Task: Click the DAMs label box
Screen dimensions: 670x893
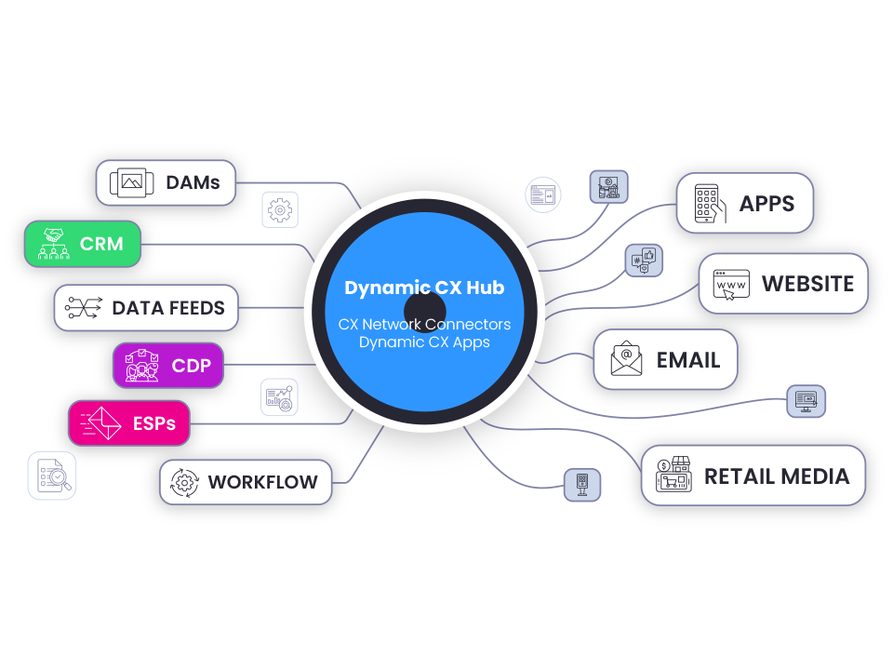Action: pos(166,182)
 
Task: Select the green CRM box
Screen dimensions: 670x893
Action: pos(83,244)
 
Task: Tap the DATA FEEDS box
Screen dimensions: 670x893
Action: pos(146,308)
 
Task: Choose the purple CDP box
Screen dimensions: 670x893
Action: pos(168,366)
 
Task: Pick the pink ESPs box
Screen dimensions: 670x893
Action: pos(128,423)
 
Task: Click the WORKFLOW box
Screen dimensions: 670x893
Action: pos(246,482)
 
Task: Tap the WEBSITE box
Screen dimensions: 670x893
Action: pos(783,283)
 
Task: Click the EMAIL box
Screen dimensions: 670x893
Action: pos(665,359)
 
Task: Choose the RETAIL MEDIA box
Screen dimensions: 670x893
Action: pos(753,476)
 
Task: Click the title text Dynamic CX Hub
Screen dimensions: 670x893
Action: pos(424,288)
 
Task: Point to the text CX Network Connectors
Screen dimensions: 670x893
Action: pos(424,325)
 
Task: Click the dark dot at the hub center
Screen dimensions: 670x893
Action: pos(425,311)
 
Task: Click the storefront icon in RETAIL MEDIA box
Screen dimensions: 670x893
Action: pos(673,476)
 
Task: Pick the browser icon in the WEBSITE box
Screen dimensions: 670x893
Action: pos(731,283)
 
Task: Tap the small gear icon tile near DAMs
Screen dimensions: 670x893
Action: pos(279,210)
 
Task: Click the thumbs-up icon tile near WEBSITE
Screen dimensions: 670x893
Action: pos(644,260)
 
